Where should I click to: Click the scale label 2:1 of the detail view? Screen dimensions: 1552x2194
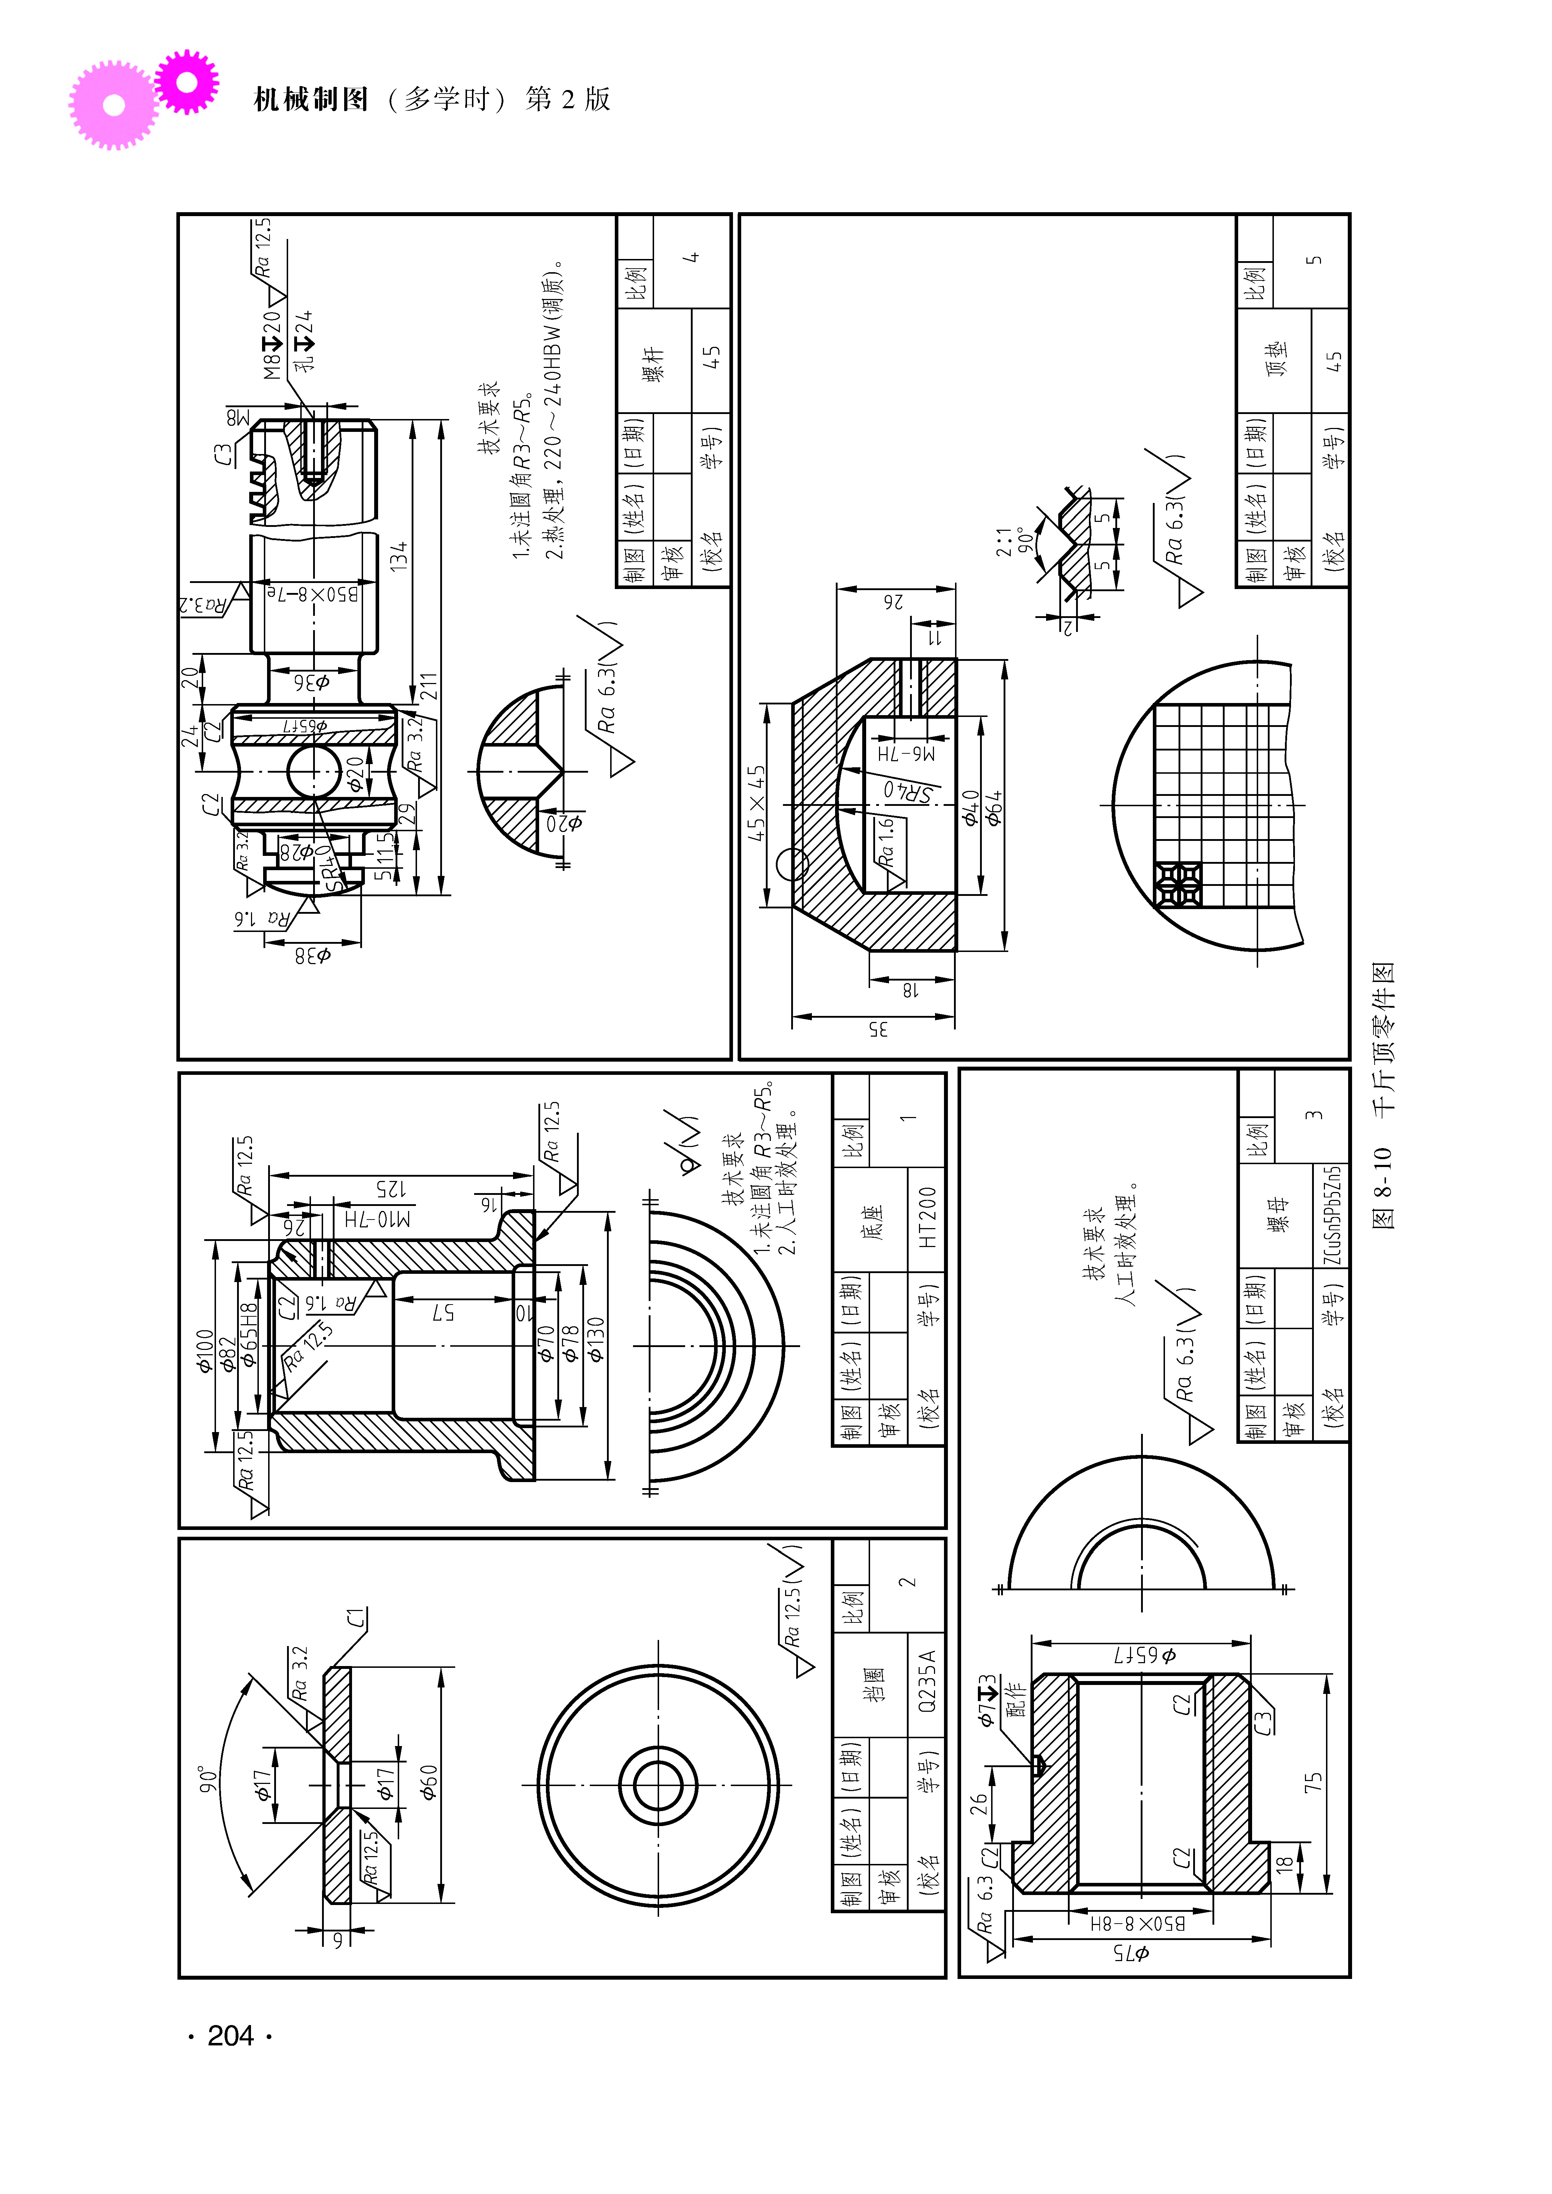pos(1004,542)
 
